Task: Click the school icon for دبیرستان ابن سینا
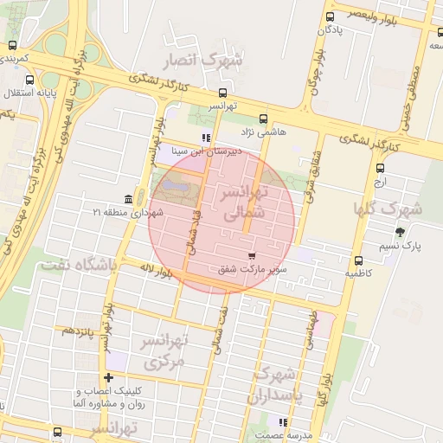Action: pos(205,137)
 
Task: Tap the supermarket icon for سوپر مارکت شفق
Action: pos(251,256)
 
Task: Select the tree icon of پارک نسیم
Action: pos(399,232)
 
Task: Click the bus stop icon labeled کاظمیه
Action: pos(358,260)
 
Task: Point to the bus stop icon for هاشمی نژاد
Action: pos(263,119)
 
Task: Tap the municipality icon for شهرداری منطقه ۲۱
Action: pos(129,199)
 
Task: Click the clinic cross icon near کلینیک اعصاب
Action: pos(108,377)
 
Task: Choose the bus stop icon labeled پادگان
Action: pos(330,16)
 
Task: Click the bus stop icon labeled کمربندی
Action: pos(12,45)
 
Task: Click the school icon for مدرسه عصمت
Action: pos(282,421)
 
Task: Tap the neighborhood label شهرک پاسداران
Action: pos(272,387)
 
